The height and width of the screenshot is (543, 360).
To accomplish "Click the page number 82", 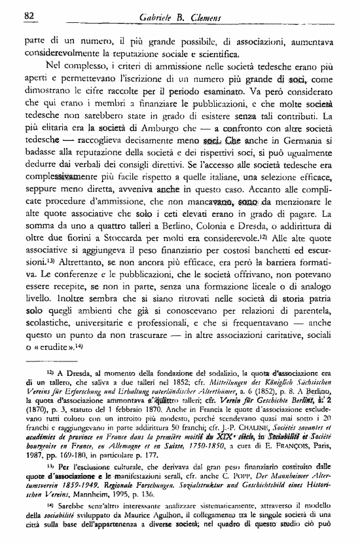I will [28, 15].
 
